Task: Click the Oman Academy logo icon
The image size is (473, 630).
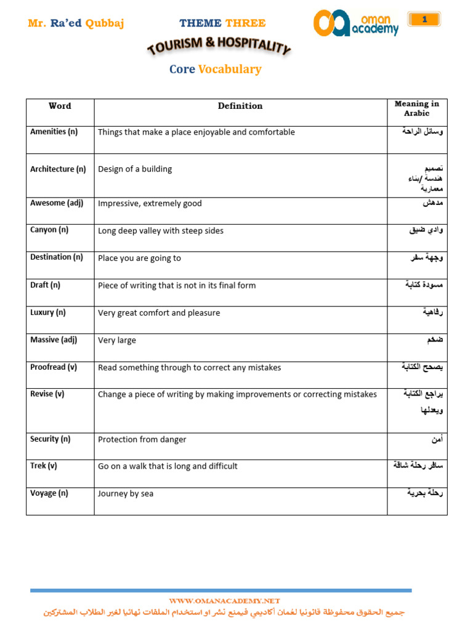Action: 331,23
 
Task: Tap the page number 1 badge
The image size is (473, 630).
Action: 424,20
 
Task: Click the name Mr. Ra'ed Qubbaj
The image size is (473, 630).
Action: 76,23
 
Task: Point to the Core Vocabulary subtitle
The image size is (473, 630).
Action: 215,69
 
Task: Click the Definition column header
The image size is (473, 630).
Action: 240,106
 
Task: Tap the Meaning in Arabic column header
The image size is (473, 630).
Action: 416,109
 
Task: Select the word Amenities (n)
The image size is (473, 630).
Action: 54,132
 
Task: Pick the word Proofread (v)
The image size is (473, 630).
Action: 54,367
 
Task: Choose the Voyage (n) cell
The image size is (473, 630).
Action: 49,493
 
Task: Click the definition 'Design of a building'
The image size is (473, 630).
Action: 135,169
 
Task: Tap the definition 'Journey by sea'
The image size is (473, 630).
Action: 126,493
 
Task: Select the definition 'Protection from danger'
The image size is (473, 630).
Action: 142,439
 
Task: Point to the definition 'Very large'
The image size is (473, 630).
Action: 117,340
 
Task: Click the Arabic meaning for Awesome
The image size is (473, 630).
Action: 433,203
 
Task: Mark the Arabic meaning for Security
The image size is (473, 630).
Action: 437,439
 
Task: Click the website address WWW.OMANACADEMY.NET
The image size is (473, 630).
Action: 224,600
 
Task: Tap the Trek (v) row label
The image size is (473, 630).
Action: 44,466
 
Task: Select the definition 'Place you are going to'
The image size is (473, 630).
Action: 139,258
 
